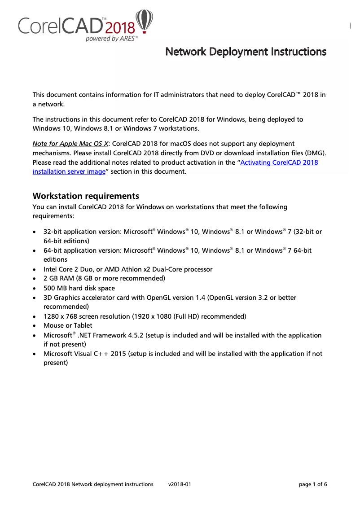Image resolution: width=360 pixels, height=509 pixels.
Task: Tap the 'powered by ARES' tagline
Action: tap(111, 39)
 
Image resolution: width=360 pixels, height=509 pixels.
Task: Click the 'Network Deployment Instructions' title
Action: tap(246, 52)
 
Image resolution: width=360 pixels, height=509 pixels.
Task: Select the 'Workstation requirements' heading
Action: tap(86, 196)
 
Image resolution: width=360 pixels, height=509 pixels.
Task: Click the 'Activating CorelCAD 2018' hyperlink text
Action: tap(279, 162)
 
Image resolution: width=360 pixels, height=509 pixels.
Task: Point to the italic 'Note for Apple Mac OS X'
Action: tap(70, 144)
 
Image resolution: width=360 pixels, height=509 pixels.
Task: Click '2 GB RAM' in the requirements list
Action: tap(58, 279)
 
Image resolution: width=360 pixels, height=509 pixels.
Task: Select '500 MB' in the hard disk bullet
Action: tap(55, 288)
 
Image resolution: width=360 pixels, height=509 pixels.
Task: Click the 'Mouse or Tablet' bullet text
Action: tap(68, 325)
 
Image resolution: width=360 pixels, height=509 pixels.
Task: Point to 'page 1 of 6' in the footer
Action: tap(313, 484)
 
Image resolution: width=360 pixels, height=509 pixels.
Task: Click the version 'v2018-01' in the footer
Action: tap(180, 484)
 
